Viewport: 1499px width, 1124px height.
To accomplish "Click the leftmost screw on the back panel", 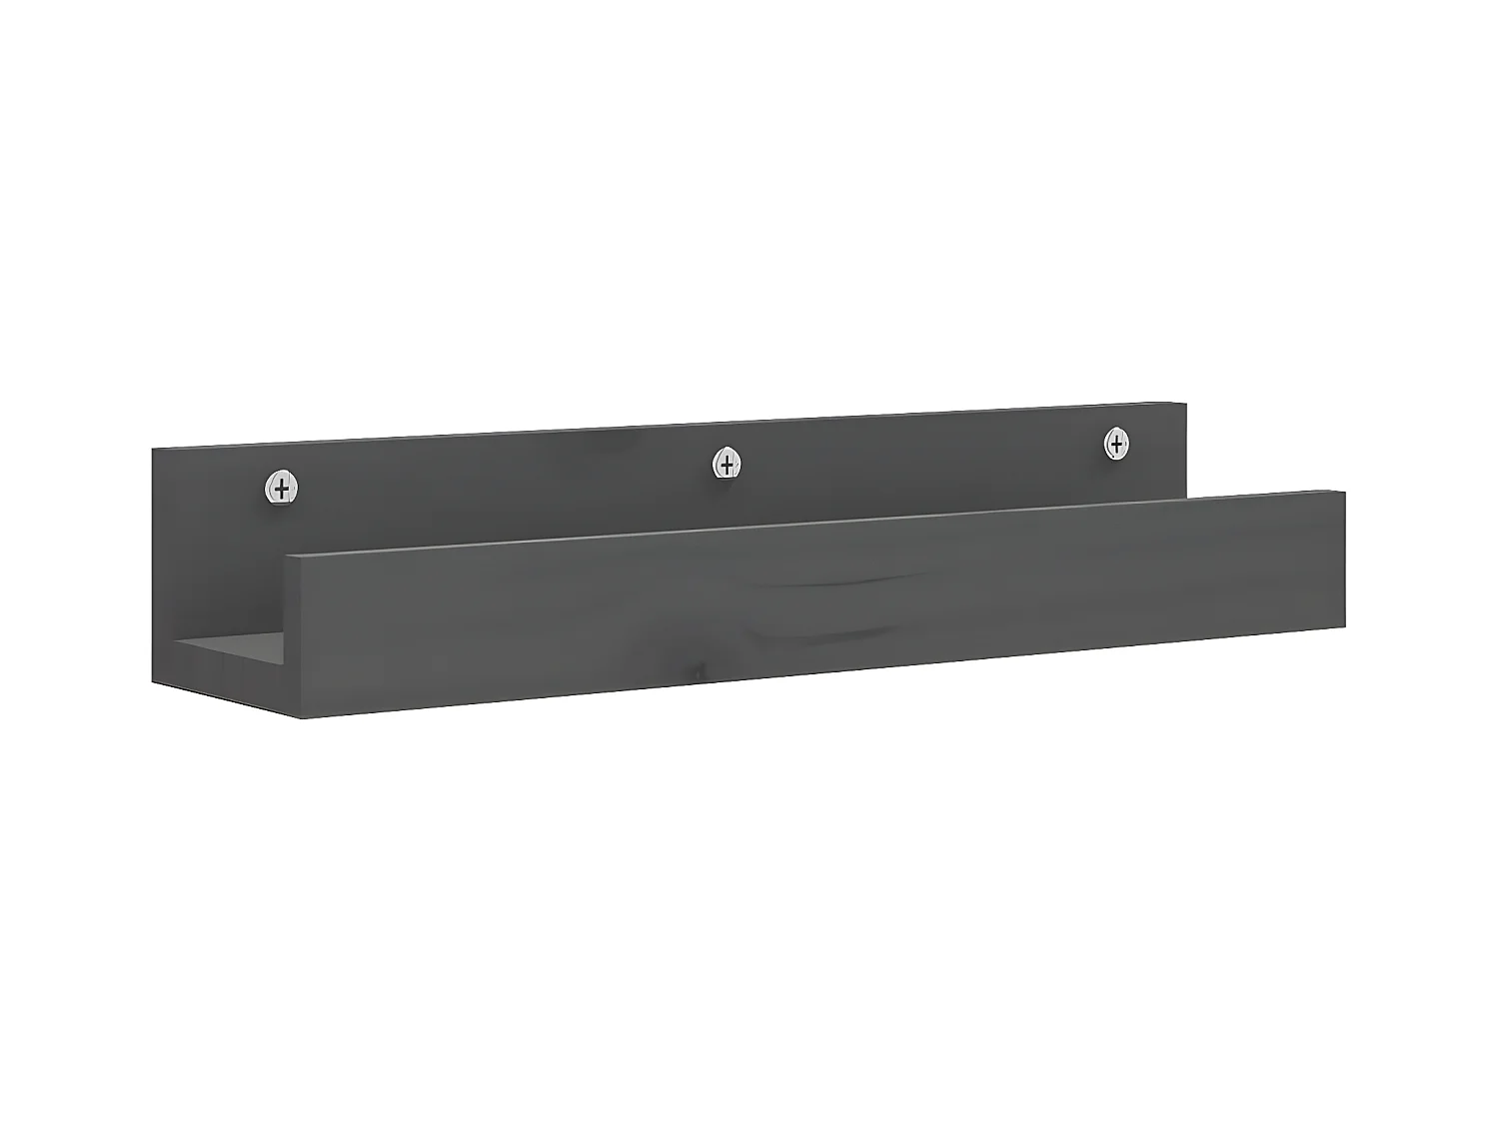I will (x=283, y=489).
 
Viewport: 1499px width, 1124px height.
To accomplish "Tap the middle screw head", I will (x=728, y=464).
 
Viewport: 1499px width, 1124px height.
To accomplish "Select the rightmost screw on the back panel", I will (x=1116, y=443).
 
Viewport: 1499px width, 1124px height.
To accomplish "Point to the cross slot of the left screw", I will (x=283, y=489).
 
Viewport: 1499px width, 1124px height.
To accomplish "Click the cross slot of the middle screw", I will (x=728, y=464).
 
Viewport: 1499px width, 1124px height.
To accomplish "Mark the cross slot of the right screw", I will (x=1116, y=443).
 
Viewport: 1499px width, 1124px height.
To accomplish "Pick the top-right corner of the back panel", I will (x=1186, y=404).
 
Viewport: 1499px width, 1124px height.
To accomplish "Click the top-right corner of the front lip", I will (x=1345, y=492).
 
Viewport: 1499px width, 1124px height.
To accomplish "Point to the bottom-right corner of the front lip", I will (x=1345, y=629).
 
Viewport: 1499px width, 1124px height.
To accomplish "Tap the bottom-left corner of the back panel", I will (x=153, y=683).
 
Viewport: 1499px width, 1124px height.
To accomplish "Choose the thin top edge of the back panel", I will (x=670, y=427).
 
